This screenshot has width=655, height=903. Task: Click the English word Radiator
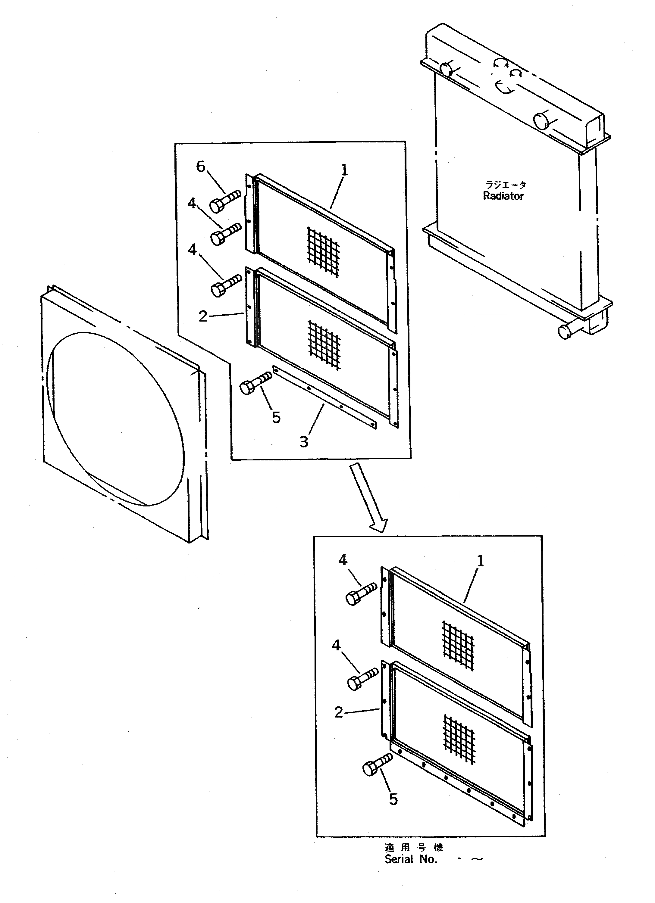pos(503,196)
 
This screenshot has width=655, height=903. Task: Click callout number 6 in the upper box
pos(201,167)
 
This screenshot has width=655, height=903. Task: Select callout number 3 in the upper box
pos(304,441)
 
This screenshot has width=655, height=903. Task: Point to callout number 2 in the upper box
pos(203,316)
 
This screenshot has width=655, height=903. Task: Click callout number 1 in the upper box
pos(344,170)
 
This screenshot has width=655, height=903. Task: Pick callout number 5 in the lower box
pos(393,799)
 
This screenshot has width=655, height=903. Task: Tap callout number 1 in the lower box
pos(481,561)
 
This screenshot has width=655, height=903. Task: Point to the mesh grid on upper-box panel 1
pos(323,251)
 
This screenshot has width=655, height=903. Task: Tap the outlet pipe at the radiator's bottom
pos(566,331)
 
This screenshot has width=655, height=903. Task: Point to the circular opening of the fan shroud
pos(115,418)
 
